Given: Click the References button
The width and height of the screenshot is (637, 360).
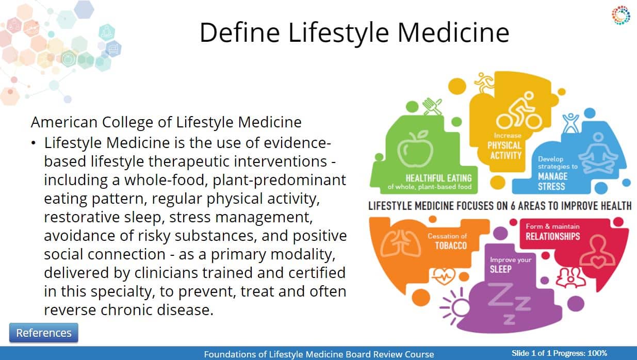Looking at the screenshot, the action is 43,333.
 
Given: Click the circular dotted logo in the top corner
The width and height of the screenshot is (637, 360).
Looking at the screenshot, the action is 621,15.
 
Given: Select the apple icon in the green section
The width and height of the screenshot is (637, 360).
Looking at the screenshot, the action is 415,149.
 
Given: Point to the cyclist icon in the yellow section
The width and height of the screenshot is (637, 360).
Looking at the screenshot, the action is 518,110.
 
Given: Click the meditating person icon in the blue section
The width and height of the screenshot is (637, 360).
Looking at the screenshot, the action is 598,154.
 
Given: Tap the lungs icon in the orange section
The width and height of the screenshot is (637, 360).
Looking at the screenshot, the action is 401,243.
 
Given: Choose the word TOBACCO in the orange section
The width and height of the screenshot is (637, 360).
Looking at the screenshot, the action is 451,246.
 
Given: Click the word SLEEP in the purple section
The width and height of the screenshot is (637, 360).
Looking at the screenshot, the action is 500,269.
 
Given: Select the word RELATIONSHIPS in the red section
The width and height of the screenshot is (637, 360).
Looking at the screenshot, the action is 552,236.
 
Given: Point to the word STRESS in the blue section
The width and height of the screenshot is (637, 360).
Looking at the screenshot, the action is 551,187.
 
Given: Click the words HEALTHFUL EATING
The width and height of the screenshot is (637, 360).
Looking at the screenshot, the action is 438,178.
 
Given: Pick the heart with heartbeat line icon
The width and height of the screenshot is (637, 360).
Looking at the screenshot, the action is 444,276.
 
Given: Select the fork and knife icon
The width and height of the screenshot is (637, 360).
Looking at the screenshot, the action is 432,107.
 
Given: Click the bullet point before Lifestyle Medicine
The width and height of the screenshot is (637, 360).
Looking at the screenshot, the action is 34,143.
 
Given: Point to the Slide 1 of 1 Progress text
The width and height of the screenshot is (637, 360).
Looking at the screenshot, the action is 559,353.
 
